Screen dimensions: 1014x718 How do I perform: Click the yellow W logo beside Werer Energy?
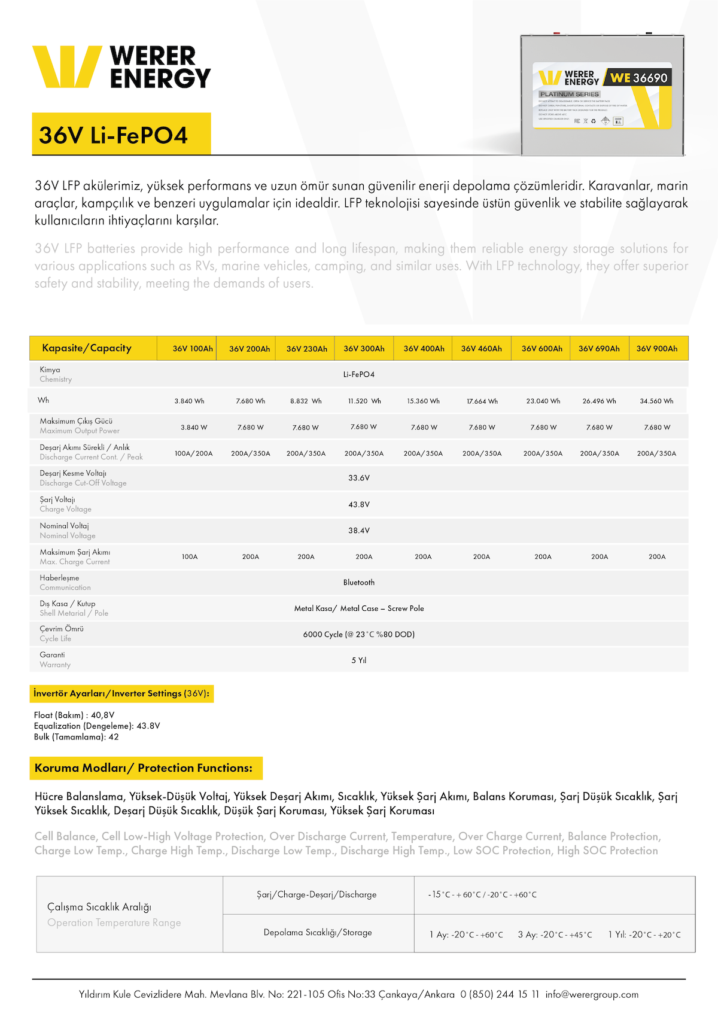pos(66,67)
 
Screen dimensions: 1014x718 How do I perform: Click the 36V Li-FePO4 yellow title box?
pos(121,135)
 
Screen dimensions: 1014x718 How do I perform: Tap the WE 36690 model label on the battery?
pos(638,78)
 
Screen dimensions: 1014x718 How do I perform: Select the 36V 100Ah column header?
pos(193,349)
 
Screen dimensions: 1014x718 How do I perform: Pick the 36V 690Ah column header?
pos(599,349)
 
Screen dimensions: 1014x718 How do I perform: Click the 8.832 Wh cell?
pos(306,401)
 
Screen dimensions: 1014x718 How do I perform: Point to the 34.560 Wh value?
pos(656,401)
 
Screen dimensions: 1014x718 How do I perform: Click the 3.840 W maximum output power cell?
pos(194,428)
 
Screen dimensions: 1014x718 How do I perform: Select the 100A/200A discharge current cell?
pos(193,453)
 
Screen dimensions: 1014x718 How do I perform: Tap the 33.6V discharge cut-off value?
pos(359,478)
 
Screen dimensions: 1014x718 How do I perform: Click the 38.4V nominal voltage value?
pos(359,531)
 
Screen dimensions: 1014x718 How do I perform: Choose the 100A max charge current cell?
pos(190,557)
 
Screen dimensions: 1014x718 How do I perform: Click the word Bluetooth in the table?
pos(359,583)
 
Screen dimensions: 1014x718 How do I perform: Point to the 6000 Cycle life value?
pos(359,635)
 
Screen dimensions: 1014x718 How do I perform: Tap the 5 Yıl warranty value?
pos(359,660)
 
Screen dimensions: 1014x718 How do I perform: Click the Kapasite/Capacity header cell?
pos(87,348)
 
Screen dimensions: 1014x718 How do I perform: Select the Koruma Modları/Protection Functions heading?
pos(144,768)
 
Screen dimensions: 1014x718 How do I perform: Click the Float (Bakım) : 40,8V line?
pos(74,715)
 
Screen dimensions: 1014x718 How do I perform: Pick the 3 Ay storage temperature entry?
pos(555,935)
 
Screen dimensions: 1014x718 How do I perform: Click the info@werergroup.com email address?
pos(592,994)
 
